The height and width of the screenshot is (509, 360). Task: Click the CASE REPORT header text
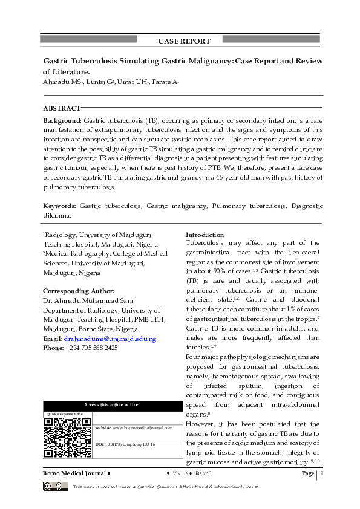[x=184, y=41]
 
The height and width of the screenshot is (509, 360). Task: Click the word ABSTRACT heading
[x=62, y=108]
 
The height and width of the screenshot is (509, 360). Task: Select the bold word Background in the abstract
[x=62, y=121]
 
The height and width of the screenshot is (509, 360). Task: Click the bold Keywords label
[x=59, y=206]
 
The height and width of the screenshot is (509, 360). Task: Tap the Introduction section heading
[x=205, y=235]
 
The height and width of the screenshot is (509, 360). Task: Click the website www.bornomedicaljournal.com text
[x=134, y=427]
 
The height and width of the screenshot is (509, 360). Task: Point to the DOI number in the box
[x=125, y=444]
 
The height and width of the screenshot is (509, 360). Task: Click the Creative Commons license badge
[x=54, y=486]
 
